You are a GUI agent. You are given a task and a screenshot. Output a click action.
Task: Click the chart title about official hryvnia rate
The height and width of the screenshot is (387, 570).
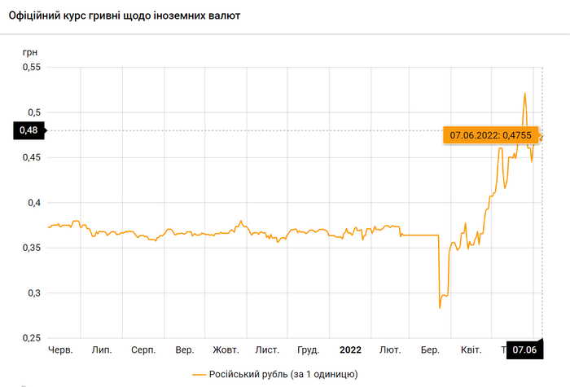123,15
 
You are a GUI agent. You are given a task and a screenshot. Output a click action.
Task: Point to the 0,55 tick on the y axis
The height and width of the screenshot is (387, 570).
29,67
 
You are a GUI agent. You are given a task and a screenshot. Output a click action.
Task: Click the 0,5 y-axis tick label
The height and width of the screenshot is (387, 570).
33,112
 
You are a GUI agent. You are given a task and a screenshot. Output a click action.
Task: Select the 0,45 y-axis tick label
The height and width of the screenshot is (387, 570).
29,157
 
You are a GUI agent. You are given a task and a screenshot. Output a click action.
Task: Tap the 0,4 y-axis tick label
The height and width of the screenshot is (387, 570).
33,203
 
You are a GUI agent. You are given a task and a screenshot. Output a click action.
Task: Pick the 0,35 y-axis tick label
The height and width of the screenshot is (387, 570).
29,248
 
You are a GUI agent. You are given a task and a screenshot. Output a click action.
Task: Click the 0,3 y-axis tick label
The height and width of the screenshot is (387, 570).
33,293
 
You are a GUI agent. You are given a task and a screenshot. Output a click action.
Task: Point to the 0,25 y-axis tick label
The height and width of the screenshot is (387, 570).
29,338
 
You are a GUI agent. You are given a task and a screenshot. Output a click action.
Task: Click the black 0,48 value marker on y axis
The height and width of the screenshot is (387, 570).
29,130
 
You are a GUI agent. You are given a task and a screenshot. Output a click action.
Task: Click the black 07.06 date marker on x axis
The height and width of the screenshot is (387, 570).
526,350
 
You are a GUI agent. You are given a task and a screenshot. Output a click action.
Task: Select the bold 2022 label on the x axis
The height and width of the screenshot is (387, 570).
350,350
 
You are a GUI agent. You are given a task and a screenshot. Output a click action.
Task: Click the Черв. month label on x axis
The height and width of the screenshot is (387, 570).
61,350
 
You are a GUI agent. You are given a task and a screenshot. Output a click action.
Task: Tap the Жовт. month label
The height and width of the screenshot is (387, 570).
226,350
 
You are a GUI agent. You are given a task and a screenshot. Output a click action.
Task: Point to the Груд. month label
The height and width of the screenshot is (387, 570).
308,350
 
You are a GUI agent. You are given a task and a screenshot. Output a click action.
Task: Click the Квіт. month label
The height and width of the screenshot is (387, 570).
471,350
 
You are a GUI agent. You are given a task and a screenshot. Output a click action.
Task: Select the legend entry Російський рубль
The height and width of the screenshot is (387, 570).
274,373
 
